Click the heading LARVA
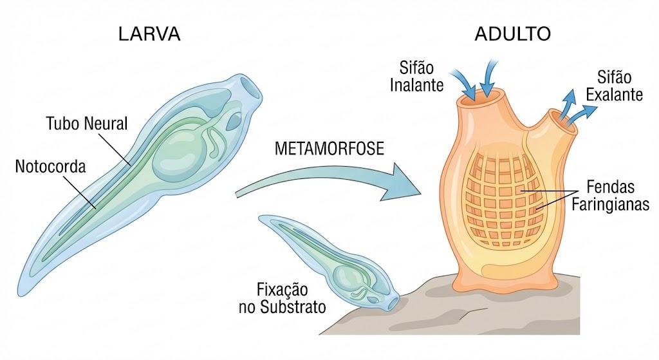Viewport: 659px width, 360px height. pyautogui.click(x=149, y=34)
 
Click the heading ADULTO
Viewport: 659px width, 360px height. pyautogui.click(x=513, y=34)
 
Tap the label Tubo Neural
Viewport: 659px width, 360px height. pyautogui.click(x=87, y=124)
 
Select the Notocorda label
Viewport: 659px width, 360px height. pyautogui.click(x=50, y=167)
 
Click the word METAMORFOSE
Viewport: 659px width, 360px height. pyautogui.click(x=329, y=149)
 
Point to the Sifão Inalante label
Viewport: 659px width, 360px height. pyautogui.click(x=416, y=77)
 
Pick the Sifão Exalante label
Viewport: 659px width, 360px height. pyautogui.click(x=614, y=86)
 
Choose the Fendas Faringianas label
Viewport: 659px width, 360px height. pyautogui.click(x=610, y=196)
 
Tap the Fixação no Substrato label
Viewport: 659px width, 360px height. pyautogui.click(x=283, y=298)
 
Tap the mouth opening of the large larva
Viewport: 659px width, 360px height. pyautogui.click(x=252, y=88)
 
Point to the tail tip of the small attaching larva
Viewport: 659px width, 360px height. pyautogui.click(x=261, y=218)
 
